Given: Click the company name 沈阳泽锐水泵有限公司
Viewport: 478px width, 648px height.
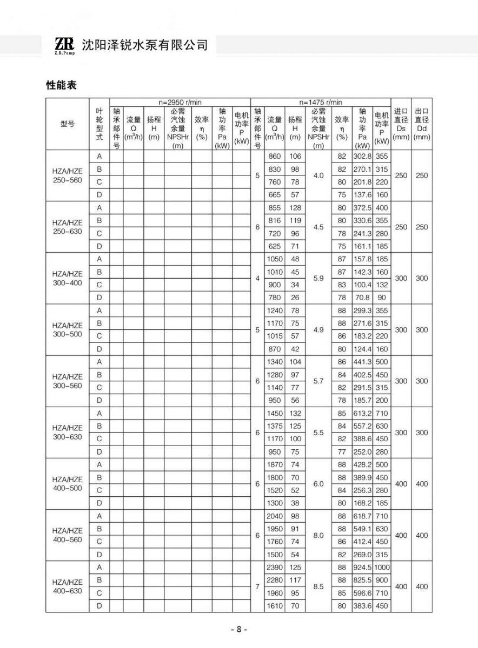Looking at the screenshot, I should point(145,45).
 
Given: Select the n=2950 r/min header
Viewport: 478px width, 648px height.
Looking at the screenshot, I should point(180,102).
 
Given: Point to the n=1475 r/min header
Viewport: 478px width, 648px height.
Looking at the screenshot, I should point(321,102).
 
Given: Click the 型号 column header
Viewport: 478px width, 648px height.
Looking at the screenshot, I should point(68,124).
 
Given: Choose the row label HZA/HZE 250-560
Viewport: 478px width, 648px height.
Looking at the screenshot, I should point(68,175).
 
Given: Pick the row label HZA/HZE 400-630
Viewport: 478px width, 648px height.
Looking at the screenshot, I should point(68,586).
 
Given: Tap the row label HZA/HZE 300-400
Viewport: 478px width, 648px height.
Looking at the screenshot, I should point(68,278).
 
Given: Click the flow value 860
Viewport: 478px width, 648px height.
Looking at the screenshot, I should point(275,157).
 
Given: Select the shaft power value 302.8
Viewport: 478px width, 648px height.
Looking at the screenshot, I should point(362,157).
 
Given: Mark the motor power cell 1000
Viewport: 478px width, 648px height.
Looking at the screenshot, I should point(382,568).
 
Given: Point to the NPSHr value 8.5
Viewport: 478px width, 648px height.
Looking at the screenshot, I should point(319,586).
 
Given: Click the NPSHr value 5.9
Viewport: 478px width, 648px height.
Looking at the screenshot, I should point(319,278).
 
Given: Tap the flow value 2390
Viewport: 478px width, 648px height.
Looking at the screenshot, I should point(275,568).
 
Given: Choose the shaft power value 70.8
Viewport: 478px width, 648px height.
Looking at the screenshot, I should point(362,298).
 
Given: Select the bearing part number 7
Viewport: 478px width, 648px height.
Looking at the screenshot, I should point(257,586).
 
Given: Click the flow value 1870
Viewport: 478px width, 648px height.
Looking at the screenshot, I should point(275,465).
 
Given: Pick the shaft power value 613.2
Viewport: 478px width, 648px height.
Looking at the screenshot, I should point(362,414).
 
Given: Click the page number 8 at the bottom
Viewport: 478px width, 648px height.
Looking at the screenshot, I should point(239,630).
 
